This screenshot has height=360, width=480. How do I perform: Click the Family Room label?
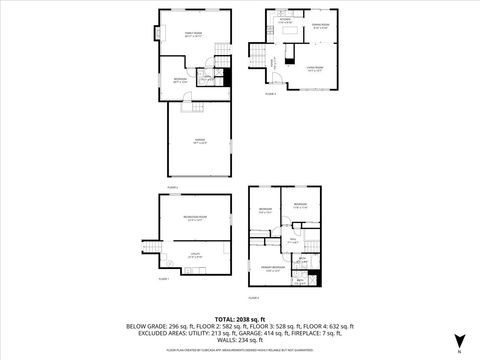tap(190, 34)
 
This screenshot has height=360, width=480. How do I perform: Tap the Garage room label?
tap(199, 141)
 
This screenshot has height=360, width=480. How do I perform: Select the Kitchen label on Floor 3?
tap(284, 19)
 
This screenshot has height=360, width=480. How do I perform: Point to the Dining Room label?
tap(319, 27)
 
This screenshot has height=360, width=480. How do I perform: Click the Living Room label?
tap(314, 70)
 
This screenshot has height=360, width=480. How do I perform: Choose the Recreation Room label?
tap(195, 219)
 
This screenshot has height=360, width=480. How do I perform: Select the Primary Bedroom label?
tap(273, 268)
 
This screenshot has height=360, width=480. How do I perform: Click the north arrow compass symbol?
tap(459, 340)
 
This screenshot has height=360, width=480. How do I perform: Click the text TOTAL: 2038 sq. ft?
tap(240, 318)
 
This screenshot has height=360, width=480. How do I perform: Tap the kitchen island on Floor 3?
tap(288, 33)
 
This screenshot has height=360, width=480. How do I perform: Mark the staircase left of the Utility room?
tap(153, 249)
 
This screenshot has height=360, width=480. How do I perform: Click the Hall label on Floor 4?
tap(293, 240)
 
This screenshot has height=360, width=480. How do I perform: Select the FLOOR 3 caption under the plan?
tap(271, 93)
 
